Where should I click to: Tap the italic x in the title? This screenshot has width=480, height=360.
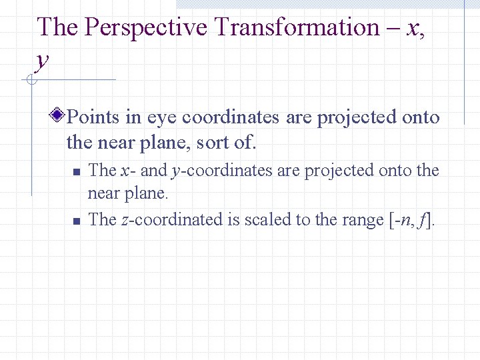tap(413, 27)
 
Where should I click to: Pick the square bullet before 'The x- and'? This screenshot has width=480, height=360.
tap(76, 172)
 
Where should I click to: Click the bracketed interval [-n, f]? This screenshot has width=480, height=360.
tap(410, 219)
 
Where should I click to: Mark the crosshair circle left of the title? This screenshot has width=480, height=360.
tap(29, 81)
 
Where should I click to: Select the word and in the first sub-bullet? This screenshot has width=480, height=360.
tap(153, 171)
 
